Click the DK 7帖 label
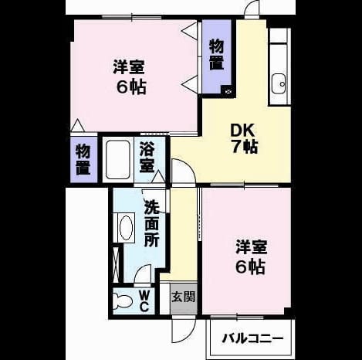point(244,138)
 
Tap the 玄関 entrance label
point(184,297)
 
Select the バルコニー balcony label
point(252,338)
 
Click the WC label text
point(144,301)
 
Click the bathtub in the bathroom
point(118,160)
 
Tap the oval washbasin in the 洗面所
point(126,228)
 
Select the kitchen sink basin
point(279,83)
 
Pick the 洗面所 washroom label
point(151,223)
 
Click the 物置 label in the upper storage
point(216,55)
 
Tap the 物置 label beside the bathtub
point(83,159)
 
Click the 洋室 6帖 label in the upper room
point(130,77)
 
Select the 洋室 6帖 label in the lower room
point(251,256)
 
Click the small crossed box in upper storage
point(228,90)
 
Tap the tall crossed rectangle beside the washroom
point(117,264)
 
